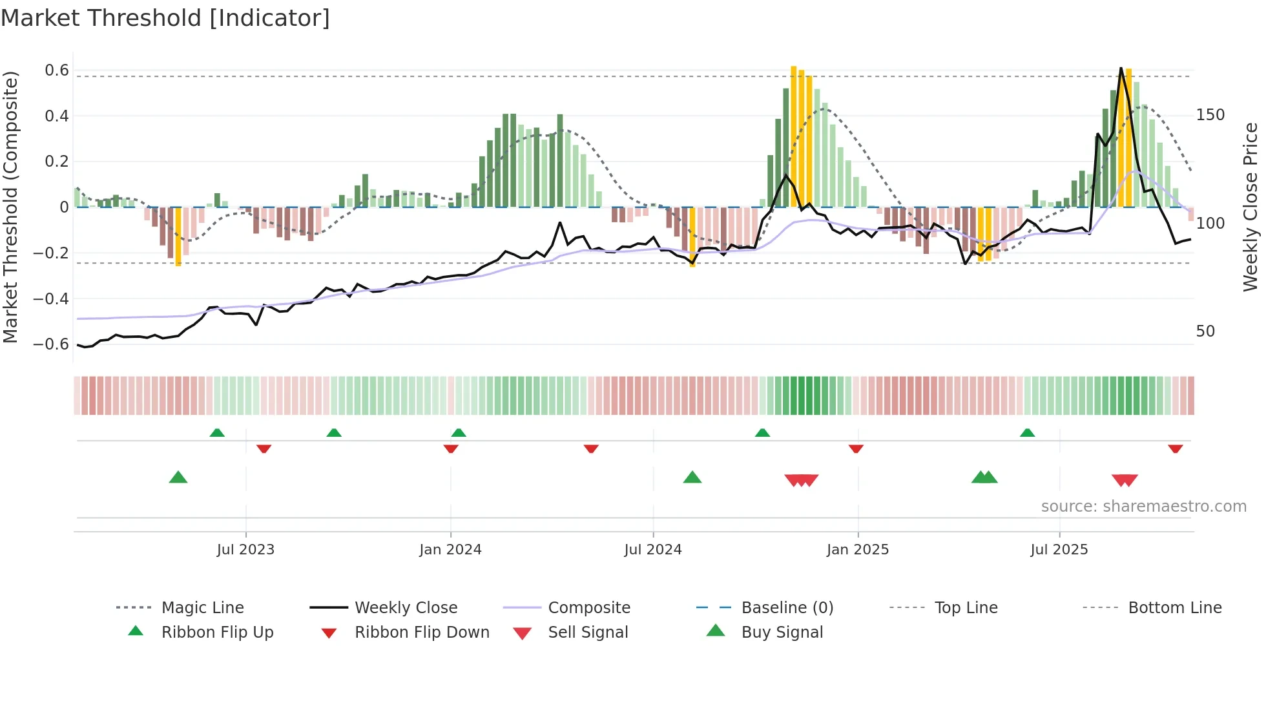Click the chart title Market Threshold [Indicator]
pos(165,18)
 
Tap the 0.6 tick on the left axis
pos(57,70)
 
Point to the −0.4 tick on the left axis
pos(51,298)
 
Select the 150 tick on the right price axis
pos(1210,115)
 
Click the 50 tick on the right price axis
pos(1205,331)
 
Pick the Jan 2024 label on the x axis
pos(450,550)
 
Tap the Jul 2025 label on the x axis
pos(1059,550)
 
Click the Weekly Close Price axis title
pos(1250,207)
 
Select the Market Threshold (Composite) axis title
pos(10,207)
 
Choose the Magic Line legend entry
pos(202,608)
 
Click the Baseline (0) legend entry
pos(787,608)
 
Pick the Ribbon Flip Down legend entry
pos(421,633)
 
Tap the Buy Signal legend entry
pos(782,633)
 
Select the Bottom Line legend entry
pos(1174,608)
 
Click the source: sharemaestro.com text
pos(1143,507)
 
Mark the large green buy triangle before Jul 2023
pos(178,477)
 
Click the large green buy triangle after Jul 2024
pos(692,477)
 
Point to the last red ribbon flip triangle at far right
pos(1175,448)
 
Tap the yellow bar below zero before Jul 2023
pos(178,236)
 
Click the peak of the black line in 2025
pos(1121,68)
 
